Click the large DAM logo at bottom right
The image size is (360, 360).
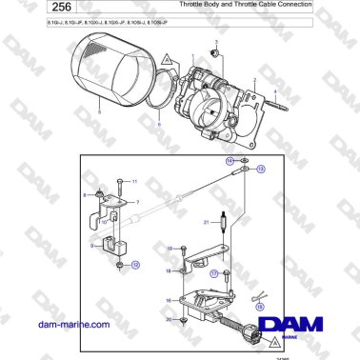click(296, 324)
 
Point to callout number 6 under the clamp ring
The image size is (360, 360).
click(158, 125)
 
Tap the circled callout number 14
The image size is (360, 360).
click(230, 162)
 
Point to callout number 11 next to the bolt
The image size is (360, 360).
click(134, 180)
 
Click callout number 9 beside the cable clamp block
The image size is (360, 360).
click(93, 245)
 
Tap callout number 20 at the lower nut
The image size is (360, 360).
click(170, 320)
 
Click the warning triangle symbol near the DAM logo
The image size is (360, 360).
click(273, 339)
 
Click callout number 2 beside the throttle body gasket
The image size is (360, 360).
click(254, 80)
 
